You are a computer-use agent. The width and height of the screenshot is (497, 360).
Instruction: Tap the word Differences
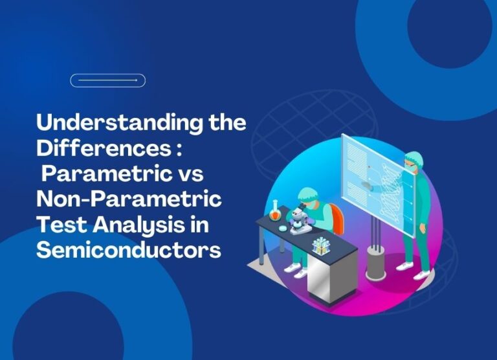point(104,148)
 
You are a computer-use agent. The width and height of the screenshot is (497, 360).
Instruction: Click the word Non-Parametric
point(129,199)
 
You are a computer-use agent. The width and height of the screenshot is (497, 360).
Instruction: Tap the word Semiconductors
point(128,249)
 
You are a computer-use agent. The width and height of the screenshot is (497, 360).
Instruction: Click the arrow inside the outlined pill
point(108,80)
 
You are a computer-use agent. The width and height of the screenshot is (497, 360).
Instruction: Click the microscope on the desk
point(298,219)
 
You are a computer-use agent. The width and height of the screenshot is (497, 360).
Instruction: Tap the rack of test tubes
point(321,247)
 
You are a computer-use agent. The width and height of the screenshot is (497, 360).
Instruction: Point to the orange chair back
point(337,219)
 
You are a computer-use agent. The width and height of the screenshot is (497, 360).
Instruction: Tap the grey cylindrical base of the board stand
point(375,263)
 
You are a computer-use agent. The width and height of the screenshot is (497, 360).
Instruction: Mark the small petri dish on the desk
point(282,227)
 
